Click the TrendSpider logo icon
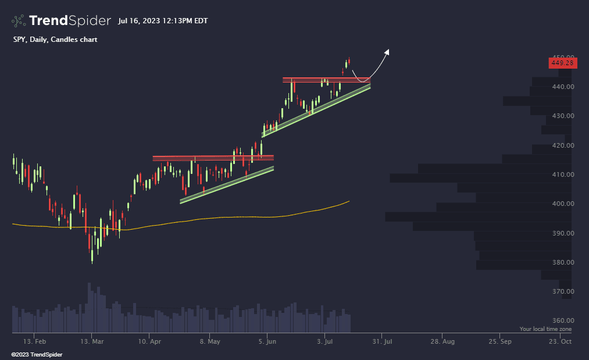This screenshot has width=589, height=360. [19, 21]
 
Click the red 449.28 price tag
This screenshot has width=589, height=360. [562, 62]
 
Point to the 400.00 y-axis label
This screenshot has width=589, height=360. [563, 204]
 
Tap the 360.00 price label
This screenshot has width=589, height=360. [563, 320]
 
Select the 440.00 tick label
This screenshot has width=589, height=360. [563, 87]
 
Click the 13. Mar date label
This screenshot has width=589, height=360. [92, 341]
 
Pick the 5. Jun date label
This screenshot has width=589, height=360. [267, 341]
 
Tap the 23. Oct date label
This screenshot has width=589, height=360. [561, 341]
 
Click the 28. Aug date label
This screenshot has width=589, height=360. [441, 341]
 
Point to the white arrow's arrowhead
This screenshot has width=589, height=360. [387, 51]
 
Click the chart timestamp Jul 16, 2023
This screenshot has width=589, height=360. [162, 21]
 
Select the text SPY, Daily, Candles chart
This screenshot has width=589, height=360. [55, 40]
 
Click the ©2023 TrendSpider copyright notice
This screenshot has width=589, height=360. [36, 354]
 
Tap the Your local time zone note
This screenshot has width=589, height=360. [545, 329]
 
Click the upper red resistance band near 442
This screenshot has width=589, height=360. [327, 80]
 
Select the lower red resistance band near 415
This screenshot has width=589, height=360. [213, 158]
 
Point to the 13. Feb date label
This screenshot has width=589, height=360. [34, 341]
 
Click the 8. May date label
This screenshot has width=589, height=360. [209, 341]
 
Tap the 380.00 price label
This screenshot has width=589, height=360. [563, 262]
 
